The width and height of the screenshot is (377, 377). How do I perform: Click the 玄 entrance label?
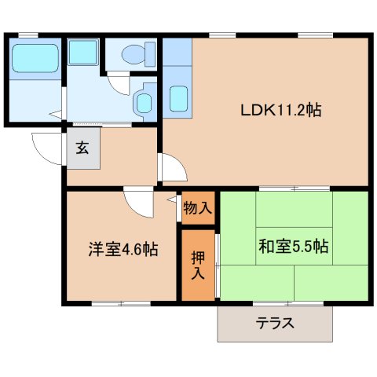pos(82,147)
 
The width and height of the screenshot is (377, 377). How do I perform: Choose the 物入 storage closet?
pos(197,208)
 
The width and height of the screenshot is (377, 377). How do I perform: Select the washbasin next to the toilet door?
pos(144,100)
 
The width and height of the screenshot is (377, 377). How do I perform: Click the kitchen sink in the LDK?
pos(178,99)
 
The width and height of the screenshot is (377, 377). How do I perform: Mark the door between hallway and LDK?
pos(171,168)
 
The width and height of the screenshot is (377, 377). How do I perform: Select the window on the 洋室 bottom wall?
pos(119,303)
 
